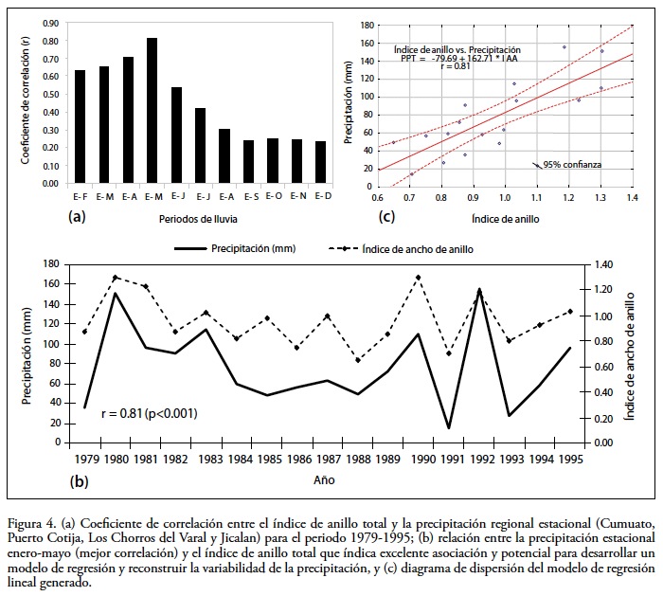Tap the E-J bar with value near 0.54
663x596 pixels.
tap(176, 138)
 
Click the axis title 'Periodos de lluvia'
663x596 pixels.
tap(200, 218)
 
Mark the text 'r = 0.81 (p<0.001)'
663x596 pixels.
tap(150, 413)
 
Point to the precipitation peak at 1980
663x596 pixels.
tap(115, 293)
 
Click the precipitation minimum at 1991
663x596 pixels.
tap(448, 428)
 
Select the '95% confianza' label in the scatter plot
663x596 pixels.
tap(572, 164)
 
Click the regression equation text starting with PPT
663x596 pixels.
tap(457, 58)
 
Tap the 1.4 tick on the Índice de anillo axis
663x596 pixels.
tap(633, 197)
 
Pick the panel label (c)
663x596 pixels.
tap(385, 216)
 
